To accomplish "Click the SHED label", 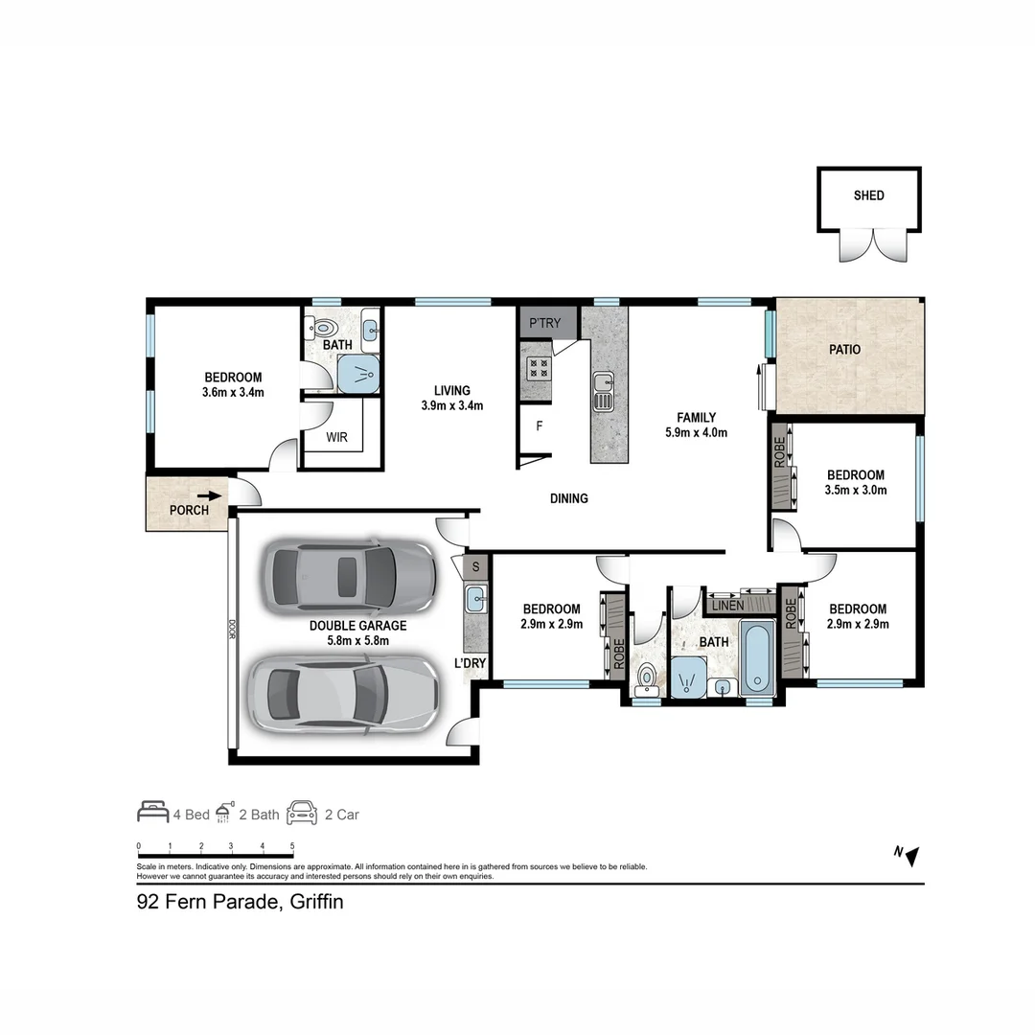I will (x=868, y=195).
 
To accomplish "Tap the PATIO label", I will (x=844, y=350).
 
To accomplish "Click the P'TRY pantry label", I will (x=544, y=323).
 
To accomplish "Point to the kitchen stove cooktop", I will (x=538, y=369).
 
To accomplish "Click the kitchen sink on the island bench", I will (x=604, y=391).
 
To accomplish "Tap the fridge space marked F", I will (x=540, y=426).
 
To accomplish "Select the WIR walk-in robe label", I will (x=336, y=439).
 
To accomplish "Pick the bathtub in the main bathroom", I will (x=756, y=660).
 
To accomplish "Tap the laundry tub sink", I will (x=476, y=601).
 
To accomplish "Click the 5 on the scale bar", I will (x=292, y=846).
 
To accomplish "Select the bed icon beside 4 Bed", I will (x=152, y=814).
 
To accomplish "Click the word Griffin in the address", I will (x=311, y=902).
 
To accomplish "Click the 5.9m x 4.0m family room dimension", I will (x=696, y=432).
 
